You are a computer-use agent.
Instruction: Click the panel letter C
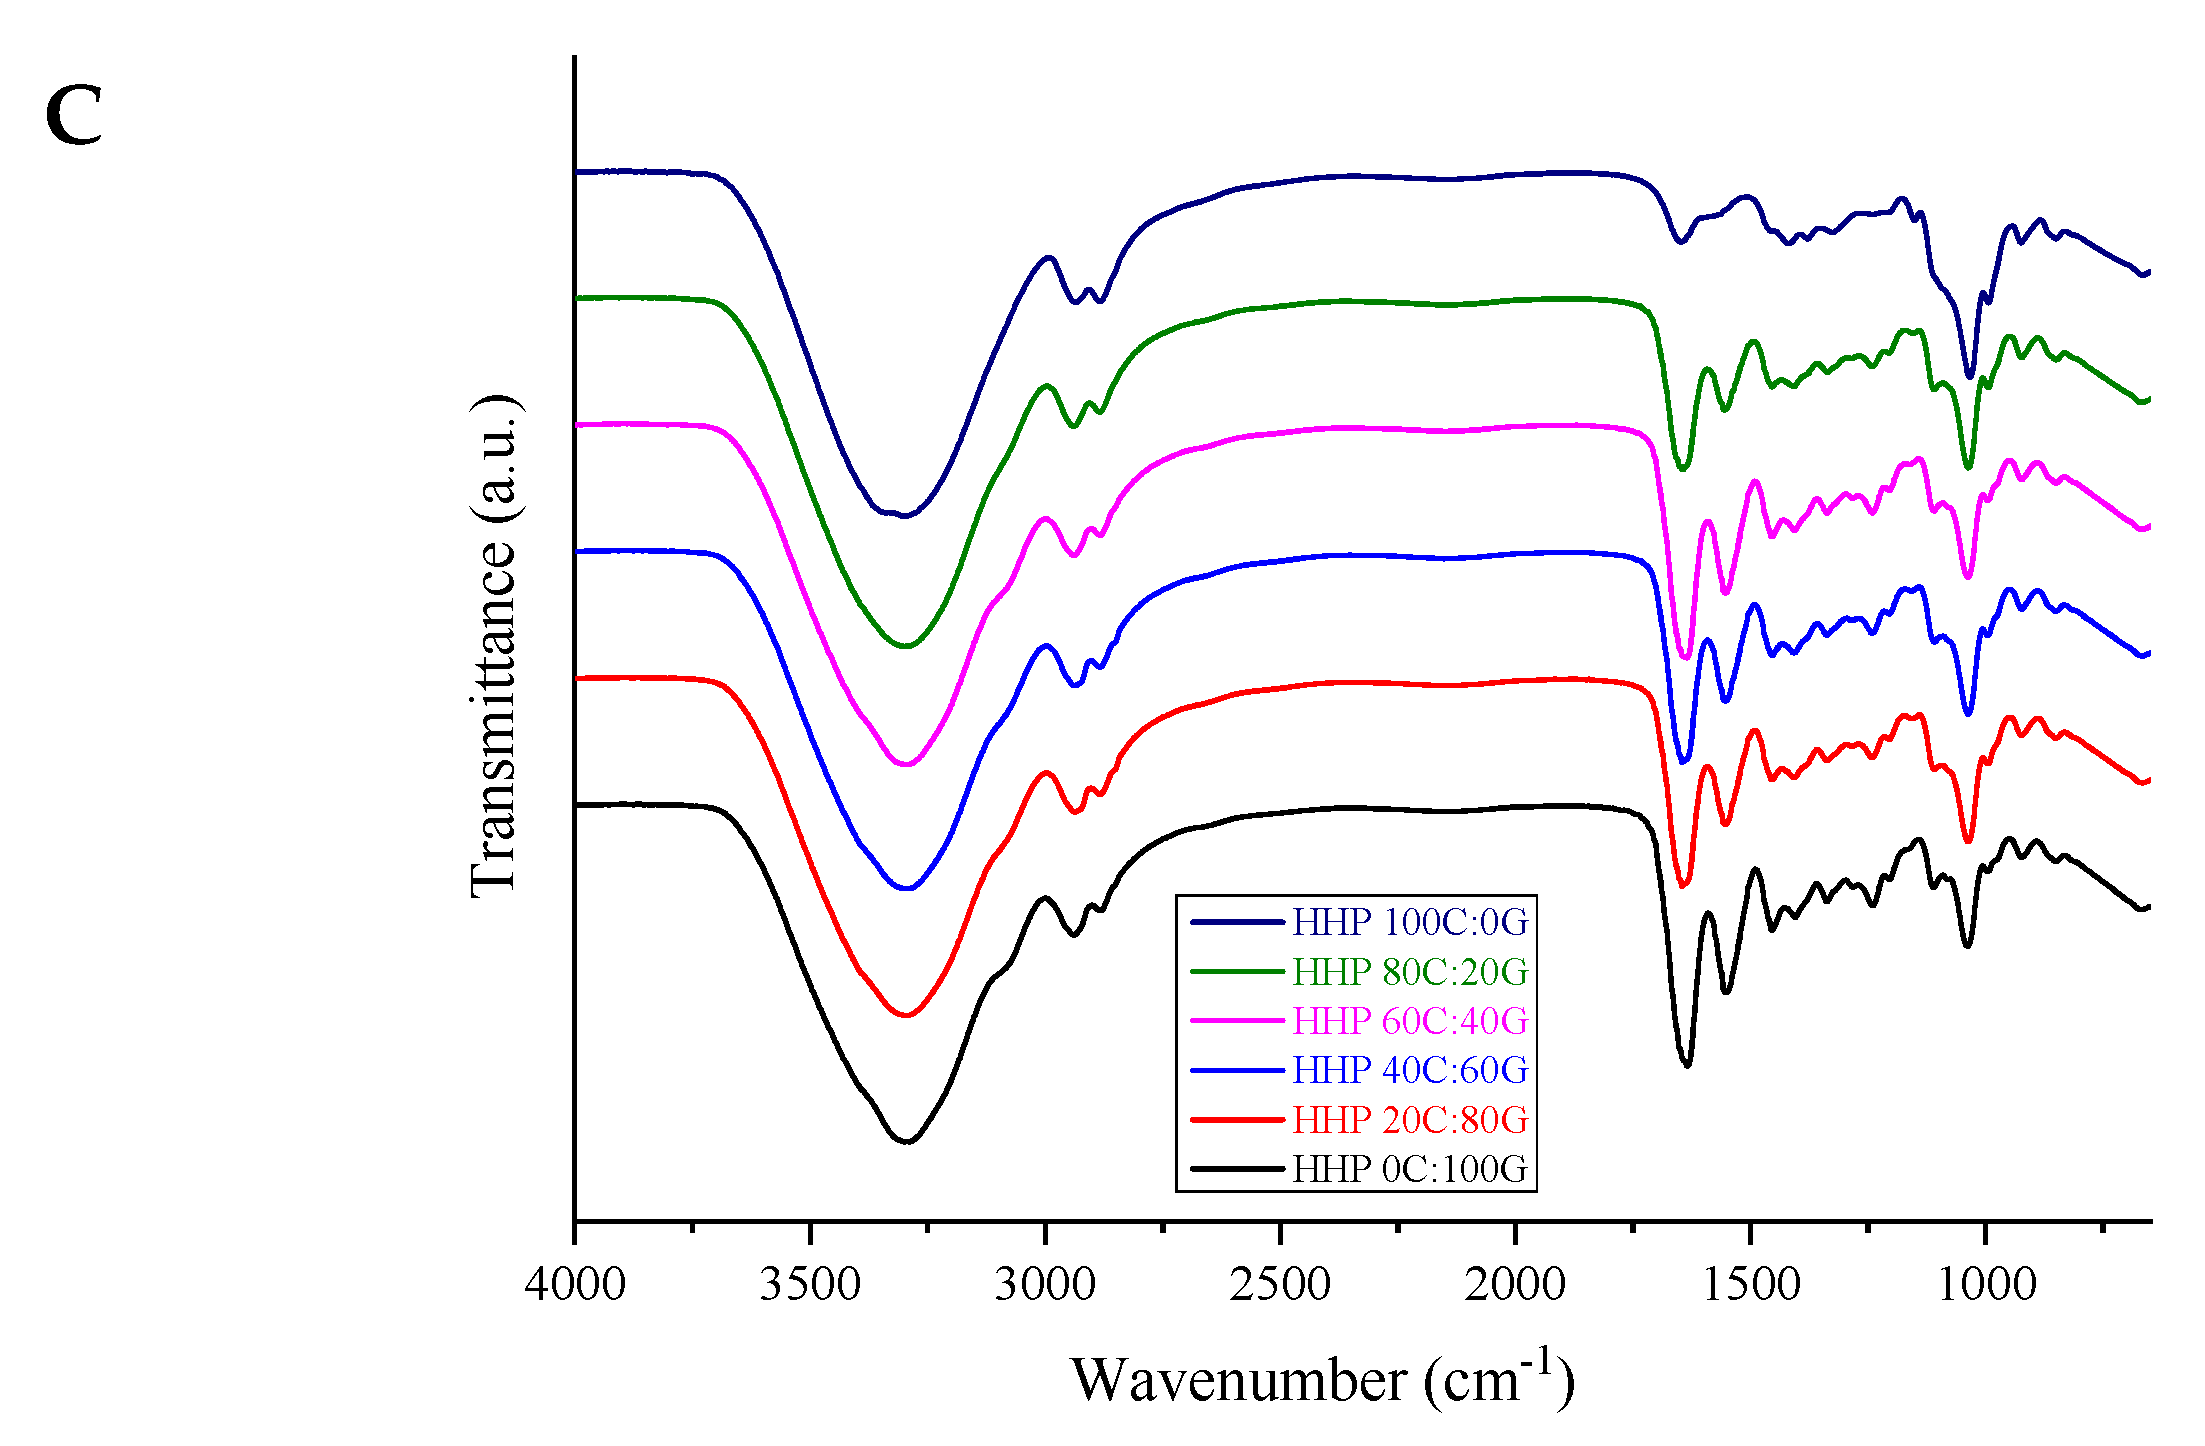(x=74, y=116)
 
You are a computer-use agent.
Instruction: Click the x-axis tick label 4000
(x=575, y=1284)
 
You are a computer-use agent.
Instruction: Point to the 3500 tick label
(x=810, y=1284)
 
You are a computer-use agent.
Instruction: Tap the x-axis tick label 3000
(x=1045, y=1284)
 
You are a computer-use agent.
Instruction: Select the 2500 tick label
(x=1280, y=1284)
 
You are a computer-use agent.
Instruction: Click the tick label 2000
(x=1515, y=1284)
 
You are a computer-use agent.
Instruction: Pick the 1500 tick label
(x=1751, y=1284)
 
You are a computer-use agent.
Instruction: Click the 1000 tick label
(x=1986, y=1284)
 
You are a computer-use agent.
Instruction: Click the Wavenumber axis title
(x=1322, y=1381)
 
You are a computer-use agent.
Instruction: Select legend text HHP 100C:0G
(x=1410, y=922)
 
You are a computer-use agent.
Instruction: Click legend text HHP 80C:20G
(x=1410, y=971)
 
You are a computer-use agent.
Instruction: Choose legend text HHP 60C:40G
(x=1410, y=1021)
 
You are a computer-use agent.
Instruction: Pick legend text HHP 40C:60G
(x=1410, y=1070)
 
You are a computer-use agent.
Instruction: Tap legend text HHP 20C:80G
(x=1410, y=1120)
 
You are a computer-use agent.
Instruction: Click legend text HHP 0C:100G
(x=1410, y=1169)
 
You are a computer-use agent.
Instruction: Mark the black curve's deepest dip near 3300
(x=906, y=1141)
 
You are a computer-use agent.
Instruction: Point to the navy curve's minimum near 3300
(x=904, y=516)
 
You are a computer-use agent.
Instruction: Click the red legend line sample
(x=1237, y=1120)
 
